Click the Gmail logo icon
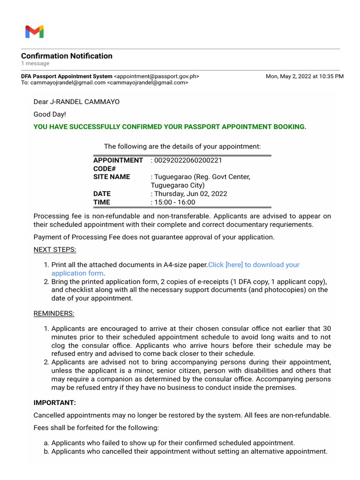tap(34, 32)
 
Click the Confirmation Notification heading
tap(67, 56)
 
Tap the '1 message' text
tap(35, 63)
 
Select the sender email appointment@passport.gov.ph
tap(158, 76)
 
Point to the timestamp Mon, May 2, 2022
tap(304, 76)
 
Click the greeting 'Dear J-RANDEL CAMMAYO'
tap(76, 102)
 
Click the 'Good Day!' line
tap(50, 114)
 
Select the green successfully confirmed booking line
tap(170, 127)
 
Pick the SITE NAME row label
tap(112, 177)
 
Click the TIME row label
tap(102, 202)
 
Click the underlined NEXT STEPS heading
tap(55, 249)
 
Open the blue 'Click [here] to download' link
tap(254, 265)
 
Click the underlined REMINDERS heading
tap(54, 313)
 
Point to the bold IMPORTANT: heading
tap(54, 403)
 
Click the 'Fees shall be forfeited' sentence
tap(96, 427)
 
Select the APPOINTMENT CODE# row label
tap(118, 164)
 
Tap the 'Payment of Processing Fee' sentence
tap(154, 237)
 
